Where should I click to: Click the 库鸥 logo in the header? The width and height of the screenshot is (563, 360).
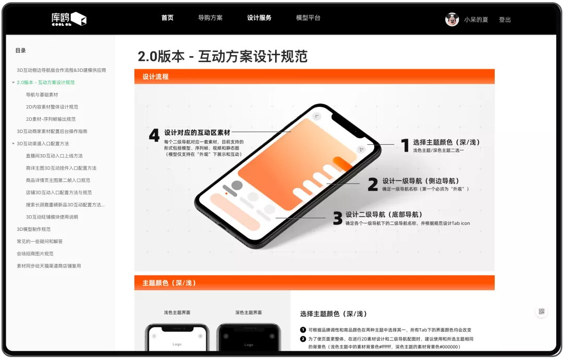coord(69,19)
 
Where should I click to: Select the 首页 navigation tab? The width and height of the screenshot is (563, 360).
coord(167,18)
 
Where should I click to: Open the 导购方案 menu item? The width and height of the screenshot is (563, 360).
coord(211,18)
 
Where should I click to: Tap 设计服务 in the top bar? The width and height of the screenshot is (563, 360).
coord(259,18)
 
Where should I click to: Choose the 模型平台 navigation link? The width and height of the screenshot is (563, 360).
coord(308,18)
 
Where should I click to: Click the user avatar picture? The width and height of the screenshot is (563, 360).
coord(452,19)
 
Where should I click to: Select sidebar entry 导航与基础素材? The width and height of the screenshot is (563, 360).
coord(42,95)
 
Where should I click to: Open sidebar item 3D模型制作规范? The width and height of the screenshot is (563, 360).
coord(34,229)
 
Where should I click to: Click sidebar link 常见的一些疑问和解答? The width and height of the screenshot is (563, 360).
coord(40,242)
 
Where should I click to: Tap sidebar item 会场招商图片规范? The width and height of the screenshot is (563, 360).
coord(35,254)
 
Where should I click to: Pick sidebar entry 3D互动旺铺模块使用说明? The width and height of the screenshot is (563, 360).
coord(52,217)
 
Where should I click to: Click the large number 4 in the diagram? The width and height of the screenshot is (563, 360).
coord(154,135)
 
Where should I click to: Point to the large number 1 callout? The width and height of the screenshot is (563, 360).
coord(405,145)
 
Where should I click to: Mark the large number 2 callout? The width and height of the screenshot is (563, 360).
coord(373,184)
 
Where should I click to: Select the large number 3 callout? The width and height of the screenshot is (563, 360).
coord(337,218)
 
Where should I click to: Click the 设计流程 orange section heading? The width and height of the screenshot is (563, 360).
coord(155,77)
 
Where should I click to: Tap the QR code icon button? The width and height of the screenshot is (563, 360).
coord(542,311)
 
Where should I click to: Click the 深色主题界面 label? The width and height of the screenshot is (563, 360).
coord(249,313)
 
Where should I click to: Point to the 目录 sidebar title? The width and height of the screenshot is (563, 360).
coord(20,51)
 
